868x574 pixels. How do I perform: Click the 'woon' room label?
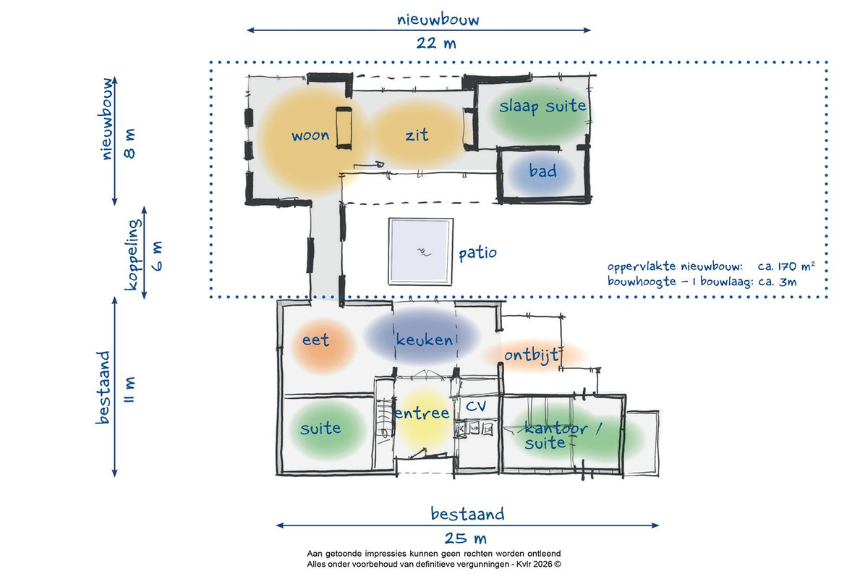point(310,136)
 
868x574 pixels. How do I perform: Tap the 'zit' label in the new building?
point(417,135)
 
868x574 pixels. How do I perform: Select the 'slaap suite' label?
point(542,106)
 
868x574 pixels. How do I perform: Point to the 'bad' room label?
point(543,171)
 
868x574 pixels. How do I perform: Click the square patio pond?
point(421,252)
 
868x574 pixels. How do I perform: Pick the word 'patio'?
point(477,253)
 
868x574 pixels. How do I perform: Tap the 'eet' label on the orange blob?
point(315,340)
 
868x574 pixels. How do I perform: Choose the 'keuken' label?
point(425,339)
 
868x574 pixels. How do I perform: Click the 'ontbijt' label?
point(531,355)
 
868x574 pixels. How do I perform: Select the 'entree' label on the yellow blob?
point(422,413)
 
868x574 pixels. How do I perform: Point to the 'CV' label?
point(475,406)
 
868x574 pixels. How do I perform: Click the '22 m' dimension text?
point(436,43)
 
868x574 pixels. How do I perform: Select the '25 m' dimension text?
point(465,539)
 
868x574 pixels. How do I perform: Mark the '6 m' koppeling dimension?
point(156,256)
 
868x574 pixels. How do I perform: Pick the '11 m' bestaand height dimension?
point(129,389)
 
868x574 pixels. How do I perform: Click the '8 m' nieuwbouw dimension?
point(129,143)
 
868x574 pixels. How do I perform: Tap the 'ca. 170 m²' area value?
point(786,266)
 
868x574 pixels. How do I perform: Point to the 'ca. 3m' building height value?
point(778,282)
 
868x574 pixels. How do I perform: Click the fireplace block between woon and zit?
point(344,128)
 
